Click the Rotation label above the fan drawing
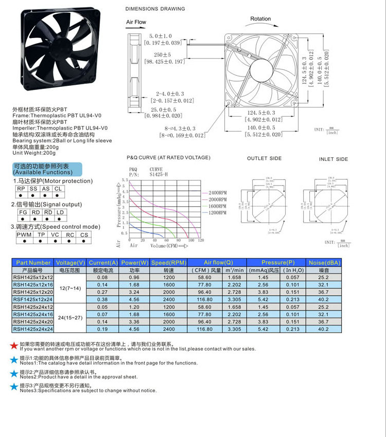(x=260, y=19)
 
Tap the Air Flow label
(x=136, y=22)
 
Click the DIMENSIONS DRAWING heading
(x=155, y=9)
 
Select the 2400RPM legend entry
(x=217, y=192)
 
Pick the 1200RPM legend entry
(x=217, y=212)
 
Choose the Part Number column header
(x=33, y=263)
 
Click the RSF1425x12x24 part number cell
(x=33, y=299)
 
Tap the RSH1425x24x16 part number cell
(x=33, y=314)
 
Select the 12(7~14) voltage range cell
(x=70, y=288)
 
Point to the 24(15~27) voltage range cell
(x=70, y=318)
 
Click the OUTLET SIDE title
(x=265, y=159)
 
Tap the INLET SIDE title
(x=334, y=159)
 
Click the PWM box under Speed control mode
(x=24, y=235)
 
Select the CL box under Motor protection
(x=58, y=189)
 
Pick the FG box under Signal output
(x=23, y=212)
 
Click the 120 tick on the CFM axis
(x=201, y=241)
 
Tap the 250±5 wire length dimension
(x=162, y=54)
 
